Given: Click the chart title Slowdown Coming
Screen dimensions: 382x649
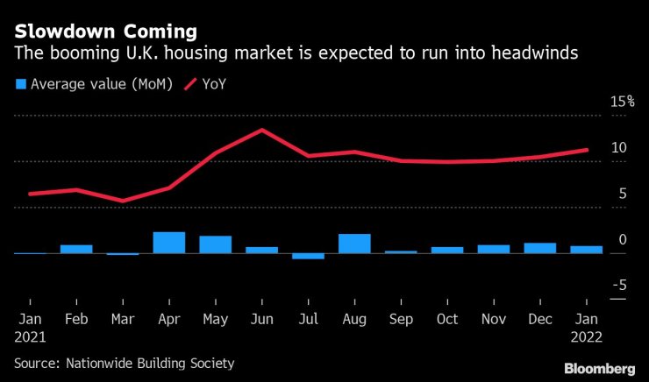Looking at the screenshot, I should (105, 32).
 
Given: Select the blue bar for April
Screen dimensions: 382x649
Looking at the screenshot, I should (169, 243).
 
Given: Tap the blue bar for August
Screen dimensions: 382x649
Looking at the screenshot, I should (354, 244).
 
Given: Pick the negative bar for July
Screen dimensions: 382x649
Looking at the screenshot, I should (308, 256).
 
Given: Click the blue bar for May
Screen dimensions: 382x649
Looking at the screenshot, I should (216, 244).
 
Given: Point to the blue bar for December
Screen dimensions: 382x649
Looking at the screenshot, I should (540, 248).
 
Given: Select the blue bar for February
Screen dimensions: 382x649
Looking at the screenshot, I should (76, 249).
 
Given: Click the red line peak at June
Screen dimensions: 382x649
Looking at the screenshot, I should (262, 130).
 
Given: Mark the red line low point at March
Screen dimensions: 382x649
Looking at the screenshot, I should (123, 201).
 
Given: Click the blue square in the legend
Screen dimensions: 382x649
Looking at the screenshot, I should (19, 84).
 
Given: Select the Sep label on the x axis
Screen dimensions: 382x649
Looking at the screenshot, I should (401, 320).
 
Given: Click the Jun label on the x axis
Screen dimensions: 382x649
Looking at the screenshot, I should (261, 320).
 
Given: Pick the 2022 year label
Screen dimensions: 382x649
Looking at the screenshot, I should (586, 336).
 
